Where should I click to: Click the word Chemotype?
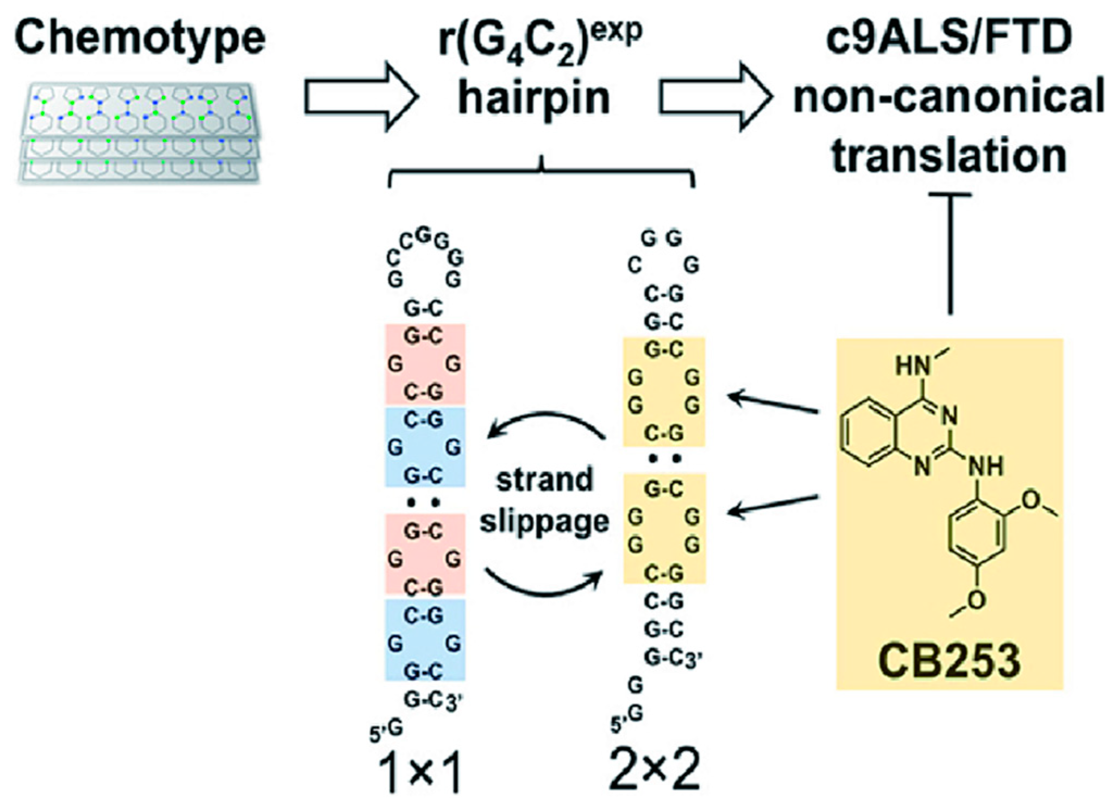tap(140, 39)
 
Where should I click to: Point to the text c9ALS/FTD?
tap(948, 38)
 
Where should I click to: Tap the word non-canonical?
tap(948, 98)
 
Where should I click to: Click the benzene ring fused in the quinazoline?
tap(867, 432)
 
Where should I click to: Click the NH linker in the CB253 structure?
tap(986, 466)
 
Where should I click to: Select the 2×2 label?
tap(655, 770)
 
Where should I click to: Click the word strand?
tap(545, 480)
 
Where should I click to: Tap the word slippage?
tap(544, 522)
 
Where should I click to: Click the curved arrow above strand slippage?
tap(546, 424)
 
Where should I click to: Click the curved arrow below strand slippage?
tap(543, 584)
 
